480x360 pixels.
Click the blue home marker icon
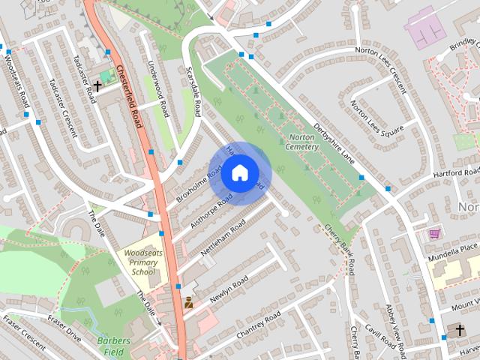[x=239, y=173]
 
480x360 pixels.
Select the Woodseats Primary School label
[x=139, y=261]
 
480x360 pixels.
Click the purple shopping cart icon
[x=434, y=234]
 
